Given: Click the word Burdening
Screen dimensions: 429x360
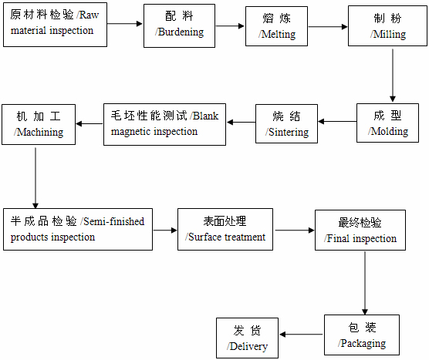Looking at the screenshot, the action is pos(181,32).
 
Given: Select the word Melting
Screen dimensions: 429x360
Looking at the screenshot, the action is pos(279,35).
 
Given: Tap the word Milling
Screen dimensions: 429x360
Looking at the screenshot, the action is pos(390,35).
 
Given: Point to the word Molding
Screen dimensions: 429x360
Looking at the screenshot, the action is pos(390,132).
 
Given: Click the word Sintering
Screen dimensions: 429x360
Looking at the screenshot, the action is pos(289,133).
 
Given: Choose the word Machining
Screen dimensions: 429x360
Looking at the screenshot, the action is pos(40,133).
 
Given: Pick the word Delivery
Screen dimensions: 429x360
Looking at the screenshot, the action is pos(248,347).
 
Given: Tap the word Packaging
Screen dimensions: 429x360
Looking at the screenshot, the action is pos(363,344).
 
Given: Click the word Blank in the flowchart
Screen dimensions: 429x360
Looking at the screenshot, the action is pos(205,116).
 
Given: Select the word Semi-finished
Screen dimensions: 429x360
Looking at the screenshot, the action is pos(113,221).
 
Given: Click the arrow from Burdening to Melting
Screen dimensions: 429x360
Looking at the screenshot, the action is pos(230,26).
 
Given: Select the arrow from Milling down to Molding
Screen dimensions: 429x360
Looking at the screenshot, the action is pos(393,76).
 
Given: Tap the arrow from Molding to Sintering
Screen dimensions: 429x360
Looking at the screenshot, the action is pos(337,121).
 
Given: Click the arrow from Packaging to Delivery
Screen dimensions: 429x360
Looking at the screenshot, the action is pos(301,335).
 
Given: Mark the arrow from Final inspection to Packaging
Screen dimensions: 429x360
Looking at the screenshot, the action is pos(365,283).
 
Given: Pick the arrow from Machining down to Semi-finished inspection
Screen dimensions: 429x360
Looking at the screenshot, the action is pos(35,178).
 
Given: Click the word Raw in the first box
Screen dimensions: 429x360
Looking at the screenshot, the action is pos(89,15).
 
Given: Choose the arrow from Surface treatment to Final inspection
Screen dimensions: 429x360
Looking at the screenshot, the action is pos(295,230).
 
